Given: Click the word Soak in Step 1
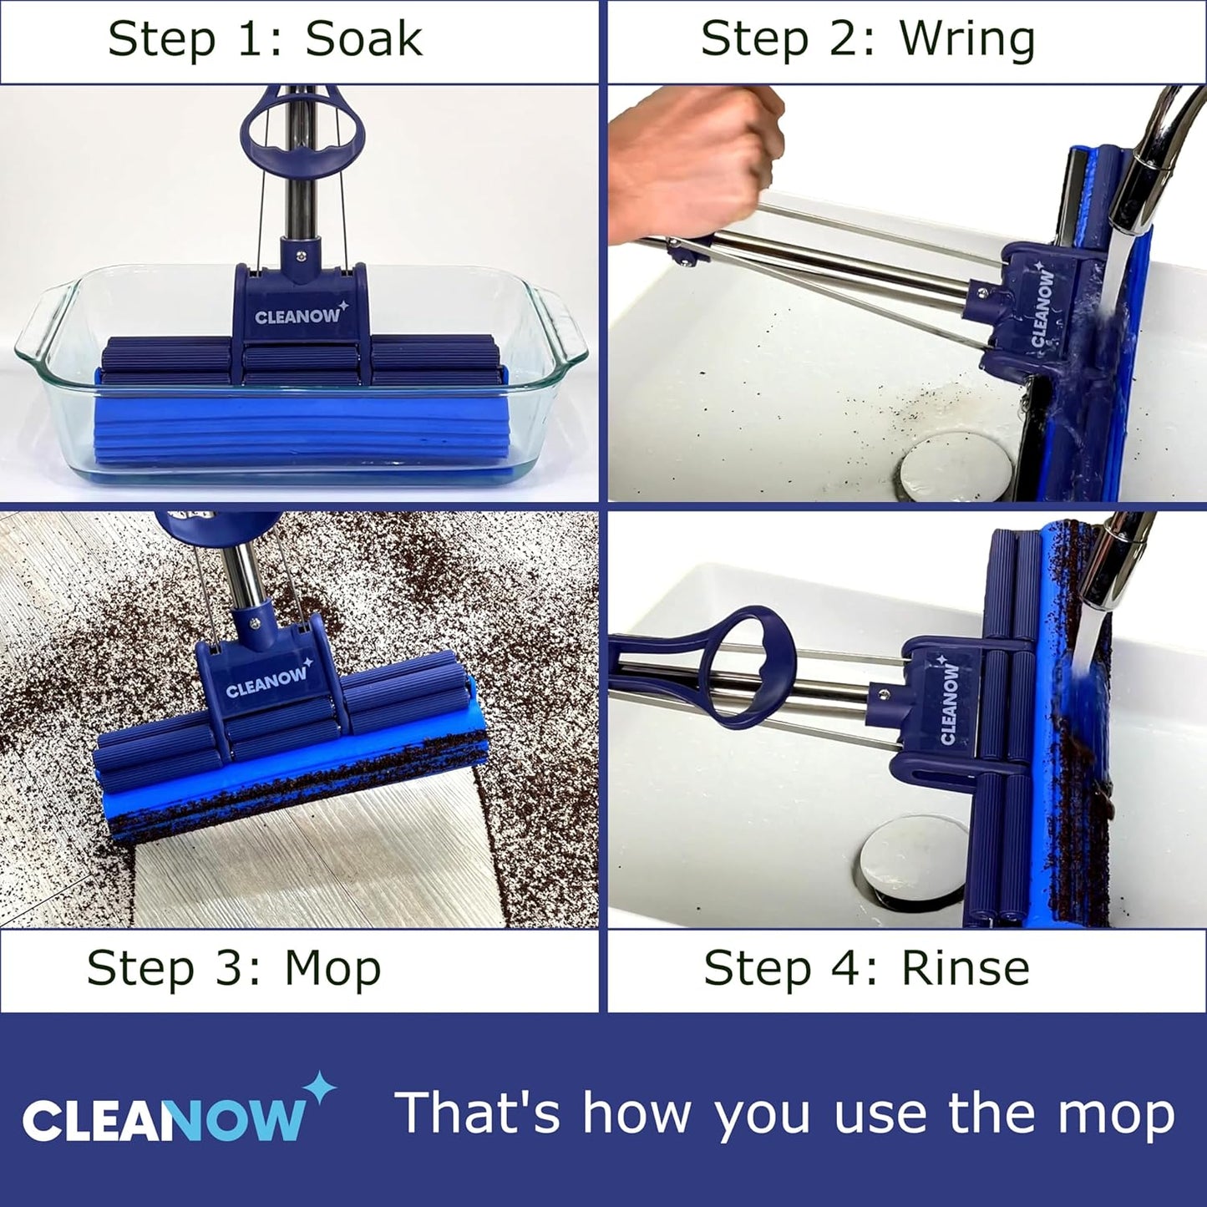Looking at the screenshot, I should (x=363, y=40).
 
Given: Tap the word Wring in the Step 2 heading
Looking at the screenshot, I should (x=967, y=40).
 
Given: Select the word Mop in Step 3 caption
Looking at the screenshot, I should (x=332, y=969).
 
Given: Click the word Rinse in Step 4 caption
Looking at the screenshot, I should (x=965, y=969).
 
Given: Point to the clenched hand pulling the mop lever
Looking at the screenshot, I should (x=697, y=159).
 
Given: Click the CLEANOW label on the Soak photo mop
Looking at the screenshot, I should (x=298, y=316).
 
